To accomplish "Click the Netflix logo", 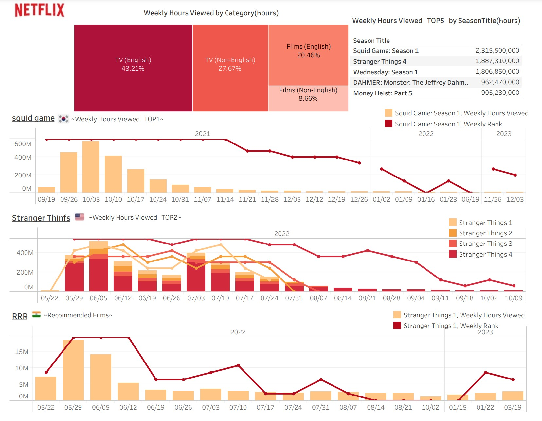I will click(x=40, y=10).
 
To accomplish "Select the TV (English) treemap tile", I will click(x=133, y=68).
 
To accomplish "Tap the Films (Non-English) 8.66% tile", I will click(x=308, y=98).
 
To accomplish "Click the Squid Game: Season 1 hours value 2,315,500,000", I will click(x=497, y=51).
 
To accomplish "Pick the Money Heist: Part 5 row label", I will click(x=382, y=93).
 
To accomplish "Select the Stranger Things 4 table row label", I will click(x=380, y=61).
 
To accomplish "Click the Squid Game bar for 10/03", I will click(x=91, y=167).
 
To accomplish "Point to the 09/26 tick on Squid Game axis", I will click(x=69, y=199).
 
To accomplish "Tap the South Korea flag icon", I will click(x=63, y=119).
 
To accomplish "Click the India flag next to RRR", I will click(x=36, y=315).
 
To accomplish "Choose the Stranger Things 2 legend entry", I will click(x=485, y=233).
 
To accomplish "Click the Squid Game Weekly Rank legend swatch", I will click(x=388, y=124).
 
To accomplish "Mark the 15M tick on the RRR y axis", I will click(x=22, y=352).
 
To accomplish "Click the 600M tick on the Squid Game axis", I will click(x=23, y=144).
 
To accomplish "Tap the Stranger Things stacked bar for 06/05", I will click(x=99, y=266).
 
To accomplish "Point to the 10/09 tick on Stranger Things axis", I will click(x=513, y=298).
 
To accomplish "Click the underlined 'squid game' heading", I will click(x=33, y=118).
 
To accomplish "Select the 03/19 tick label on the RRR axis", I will click(x=513, y=408).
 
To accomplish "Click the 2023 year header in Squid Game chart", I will click(x=503, y=134).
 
